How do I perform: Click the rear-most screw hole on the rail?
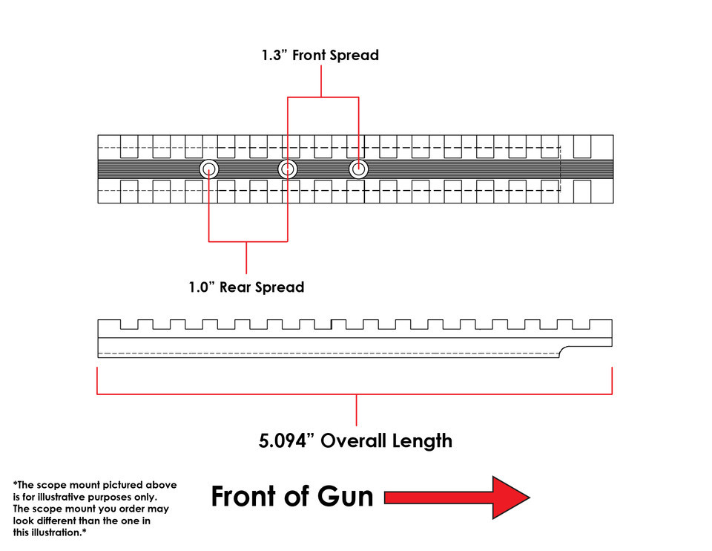(x=209, y=170)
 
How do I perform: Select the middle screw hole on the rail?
(x=287, y=170)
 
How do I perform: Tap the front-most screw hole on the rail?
(x=358, y=170)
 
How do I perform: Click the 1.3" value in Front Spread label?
(x=274, y=56)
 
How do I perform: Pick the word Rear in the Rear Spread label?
(x=237, y=287)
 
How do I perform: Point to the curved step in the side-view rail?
(x=565, y=349)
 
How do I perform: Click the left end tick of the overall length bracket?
(x=98, y=380)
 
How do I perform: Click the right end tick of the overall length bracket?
(x=612, y=380)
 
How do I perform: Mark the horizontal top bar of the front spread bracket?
(x=322, y=97)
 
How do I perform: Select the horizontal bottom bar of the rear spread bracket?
(x=247, y=241)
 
